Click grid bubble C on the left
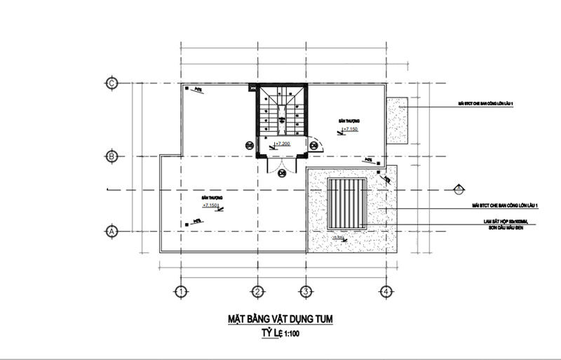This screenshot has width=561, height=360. pos(111,83)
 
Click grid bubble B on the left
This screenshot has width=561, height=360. pos(111,156)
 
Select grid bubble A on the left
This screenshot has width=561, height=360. pos(111,230)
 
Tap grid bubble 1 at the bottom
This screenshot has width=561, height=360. pos(180,291)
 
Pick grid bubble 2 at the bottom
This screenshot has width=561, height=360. pos(257,291)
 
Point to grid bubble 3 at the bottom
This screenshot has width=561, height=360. pos(306,291)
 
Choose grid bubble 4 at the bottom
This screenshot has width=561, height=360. pos(384,291)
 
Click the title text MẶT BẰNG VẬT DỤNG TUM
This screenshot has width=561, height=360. pos(280,319)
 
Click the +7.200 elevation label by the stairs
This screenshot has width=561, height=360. pos(283,144)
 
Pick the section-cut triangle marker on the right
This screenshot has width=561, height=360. pos(457,188)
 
